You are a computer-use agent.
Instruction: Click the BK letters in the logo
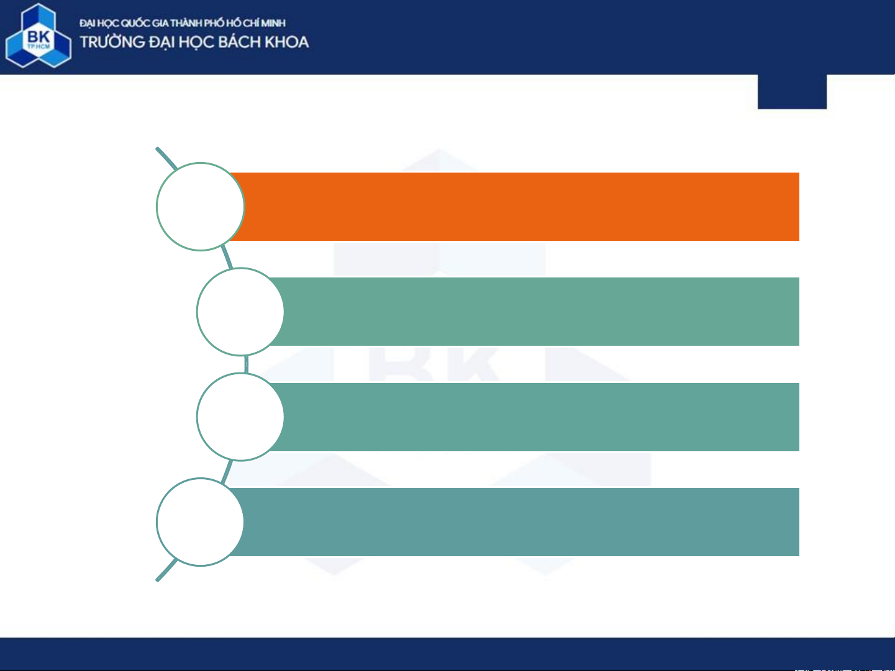(39, 37)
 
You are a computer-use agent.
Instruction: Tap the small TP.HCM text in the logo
(39, 47)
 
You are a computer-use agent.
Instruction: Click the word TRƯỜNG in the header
(112, 42)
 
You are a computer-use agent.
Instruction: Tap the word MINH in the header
(273, 23)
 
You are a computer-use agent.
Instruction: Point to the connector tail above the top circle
(166, 158)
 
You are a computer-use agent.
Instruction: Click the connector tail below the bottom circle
(166, 570)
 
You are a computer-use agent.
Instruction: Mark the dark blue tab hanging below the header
(793, 91)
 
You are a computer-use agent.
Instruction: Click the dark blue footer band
(447, 654)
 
